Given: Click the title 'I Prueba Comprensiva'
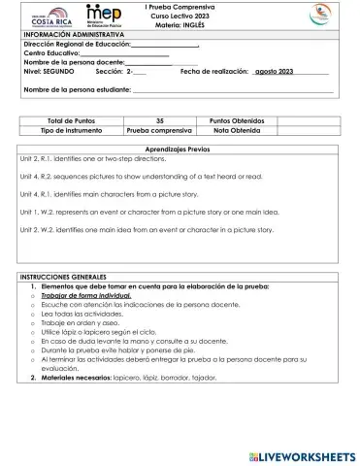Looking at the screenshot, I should point(180,6).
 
